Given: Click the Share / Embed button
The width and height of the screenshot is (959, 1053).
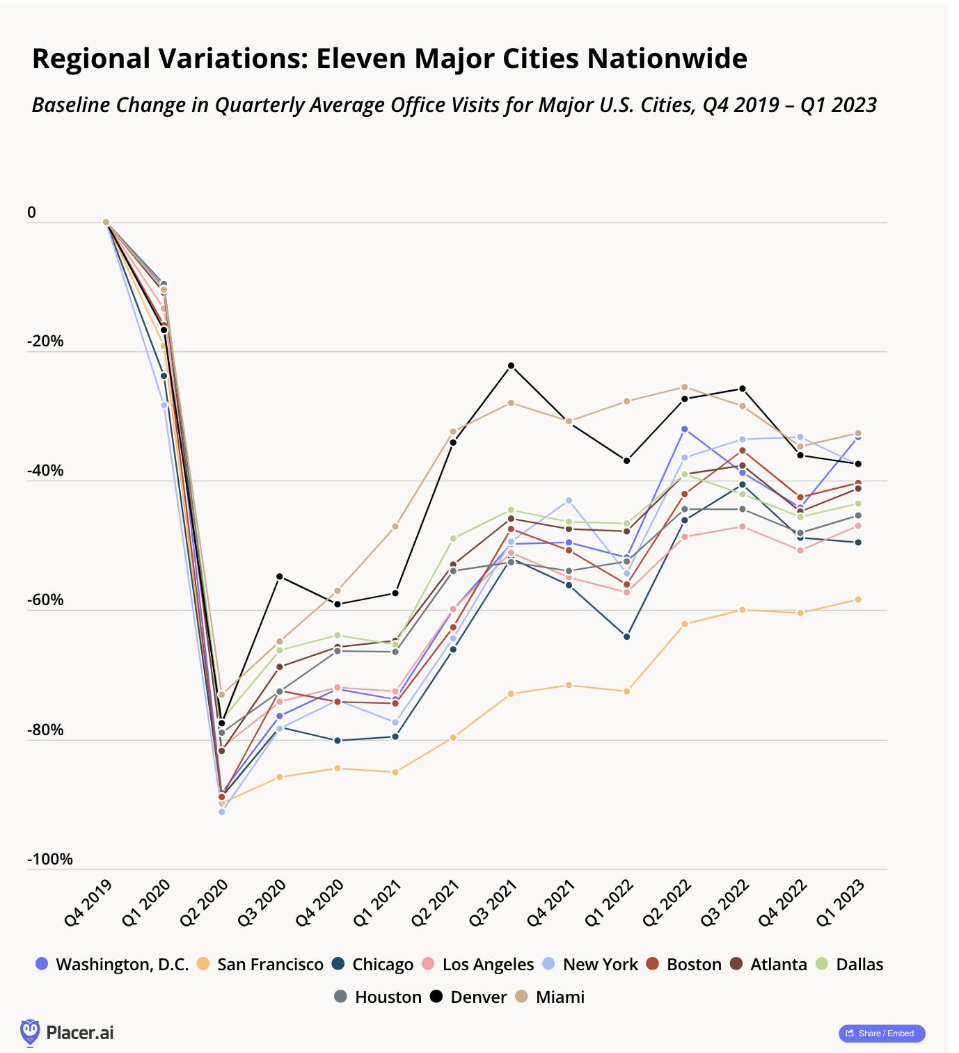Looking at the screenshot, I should [x=881, y=1034].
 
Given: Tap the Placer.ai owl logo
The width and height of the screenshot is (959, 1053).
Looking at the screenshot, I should [x=30, y=1032].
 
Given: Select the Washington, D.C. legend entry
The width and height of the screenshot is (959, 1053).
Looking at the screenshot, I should [x=113, y=965].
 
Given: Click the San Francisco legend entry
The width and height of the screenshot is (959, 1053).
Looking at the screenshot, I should [x=260, y=965].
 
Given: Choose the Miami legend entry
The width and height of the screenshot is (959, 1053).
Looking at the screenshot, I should [x=550, y=997].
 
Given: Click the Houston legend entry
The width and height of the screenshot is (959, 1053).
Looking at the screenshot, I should [x=378, y=997].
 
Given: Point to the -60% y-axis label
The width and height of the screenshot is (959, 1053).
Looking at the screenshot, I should [x=45, y=600].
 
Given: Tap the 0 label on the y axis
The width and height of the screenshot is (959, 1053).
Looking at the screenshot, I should [x=31, y=213].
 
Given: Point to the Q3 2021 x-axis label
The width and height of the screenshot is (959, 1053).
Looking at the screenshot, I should [x=493, y=903].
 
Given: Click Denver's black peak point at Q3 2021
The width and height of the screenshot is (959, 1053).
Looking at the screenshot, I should [x=511, y=366].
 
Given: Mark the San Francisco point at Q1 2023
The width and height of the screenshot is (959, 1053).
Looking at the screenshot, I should [x=858, y=600].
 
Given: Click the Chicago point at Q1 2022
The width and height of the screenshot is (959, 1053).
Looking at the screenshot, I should [x=627, y=636].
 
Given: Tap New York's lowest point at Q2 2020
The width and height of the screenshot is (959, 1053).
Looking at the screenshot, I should [x=222, y=812].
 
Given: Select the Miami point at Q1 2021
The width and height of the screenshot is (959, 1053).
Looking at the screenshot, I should [x=395, y=526].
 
